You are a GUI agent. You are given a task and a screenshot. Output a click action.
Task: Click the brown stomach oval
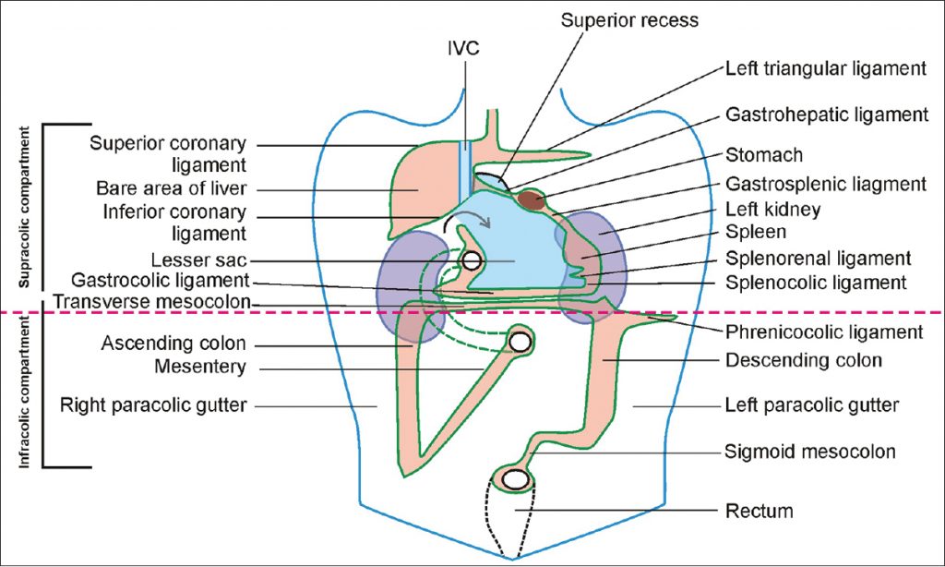coord(532,196)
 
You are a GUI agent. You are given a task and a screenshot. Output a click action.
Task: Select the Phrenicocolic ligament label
coord(825,331)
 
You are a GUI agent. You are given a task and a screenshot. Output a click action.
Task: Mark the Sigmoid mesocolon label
coord(811,452)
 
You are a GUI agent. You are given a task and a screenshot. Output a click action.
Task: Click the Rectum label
coord(760,510)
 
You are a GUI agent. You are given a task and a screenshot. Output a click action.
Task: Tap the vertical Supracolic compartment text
coord(26,211)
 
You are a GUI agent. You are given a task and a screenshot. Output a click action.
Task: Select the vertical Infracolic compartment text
coord(26,393)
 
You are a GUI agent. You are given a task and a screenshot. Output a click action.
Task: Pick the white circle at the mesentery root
coord(520,343)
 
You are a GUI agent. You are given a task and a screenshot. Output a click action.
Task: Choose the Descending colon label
coord(804,360)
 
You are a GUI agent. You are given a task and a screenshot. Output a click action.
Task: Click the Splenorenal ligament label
coord(819,259)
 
